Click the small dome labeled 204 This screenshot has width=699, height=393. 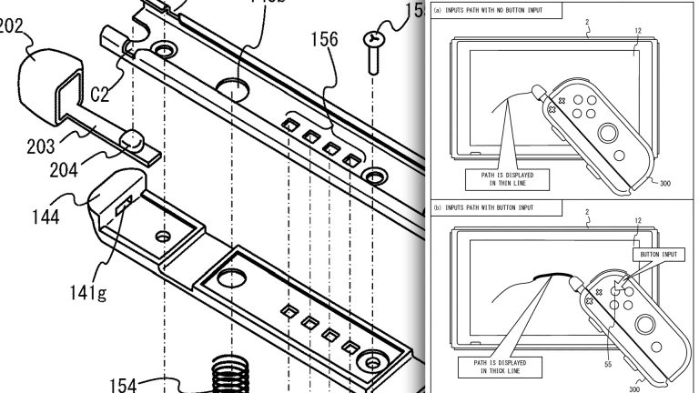[133, 139]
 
